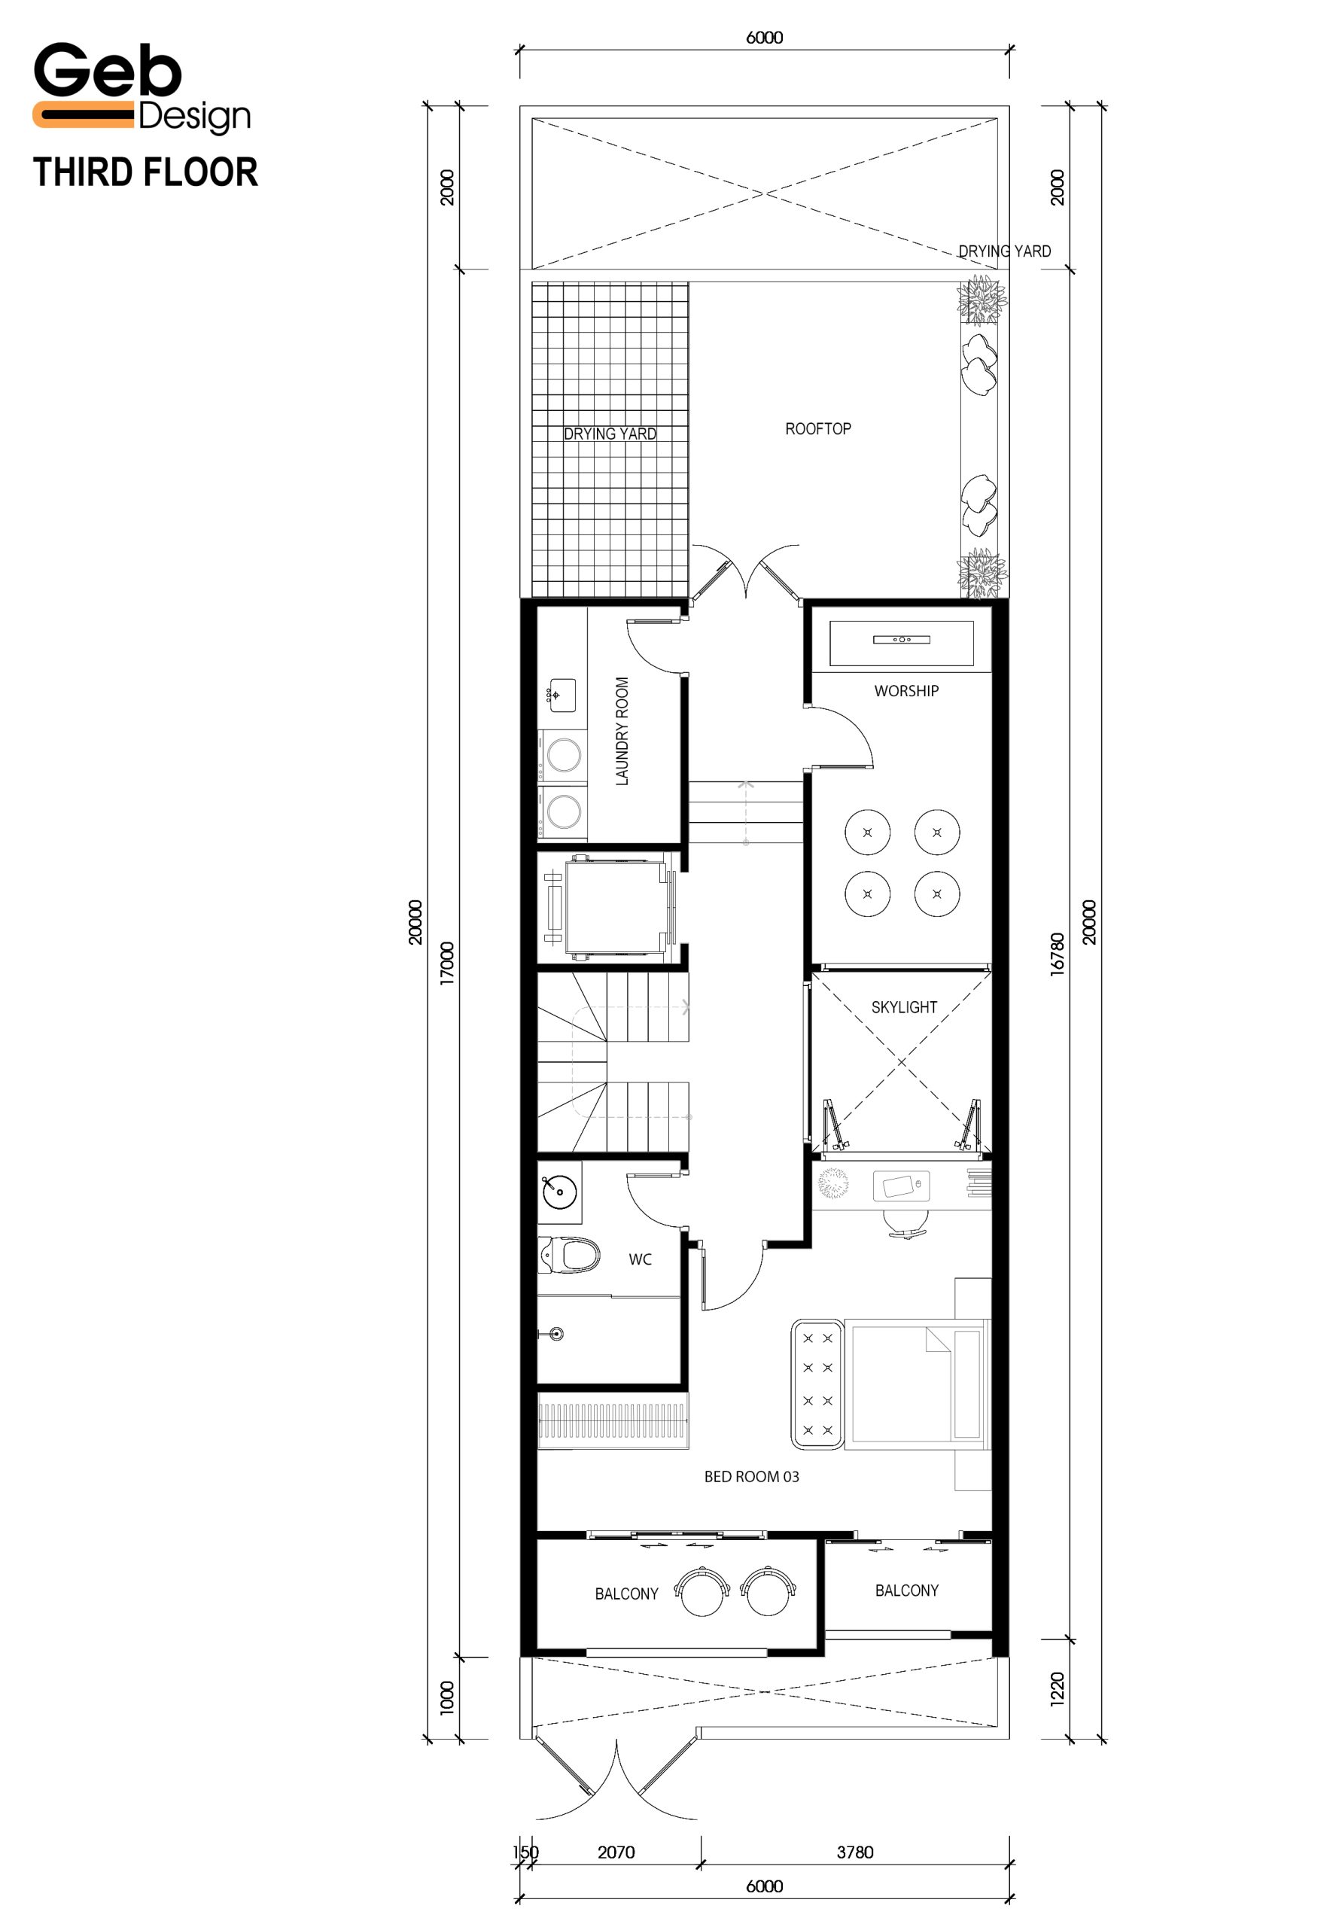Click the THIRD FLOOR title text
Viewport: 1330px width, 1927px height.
[x=146, y=172]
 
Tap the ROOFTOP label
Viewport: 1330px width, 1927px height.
[x=817, y=428]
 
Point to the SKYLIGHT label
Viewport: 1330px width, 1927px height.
[x=904, y=1007]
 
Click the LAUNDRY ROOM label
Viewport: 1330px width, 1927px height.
[x=622, y=731]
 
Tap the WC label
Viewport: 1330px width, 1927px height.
[x=640, y=1259]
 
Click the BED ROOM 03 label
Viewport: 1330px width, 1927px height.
[x=751, y=1476]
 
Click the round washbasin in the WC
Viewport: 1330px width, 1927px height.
[x=559, y=1192]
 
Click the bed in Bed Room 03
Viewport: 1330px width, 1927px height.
[x=917, y=1384]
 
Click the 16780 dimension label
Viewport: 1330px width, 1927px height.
[x=1057, y=954]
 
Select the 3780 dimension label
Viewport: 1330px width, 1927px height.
[x=855, y=1852]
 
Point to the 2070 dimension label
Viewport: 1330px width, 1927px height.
[x=616, y=1852]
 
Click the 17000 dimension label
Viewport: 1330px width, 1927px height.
[x=448, y=963]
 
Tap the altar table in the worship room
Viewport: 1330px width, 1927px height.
[x=902, y=643]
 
